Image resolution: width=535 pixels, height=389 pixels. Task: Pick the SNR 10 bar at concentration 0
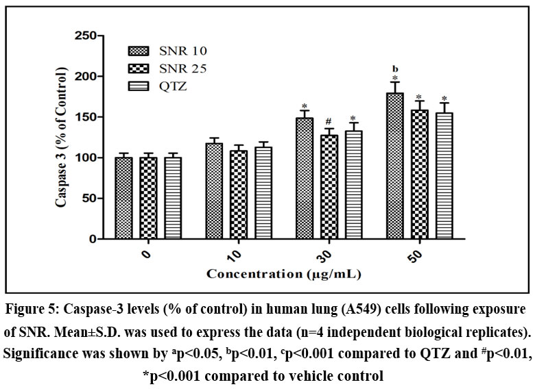pos(123,198)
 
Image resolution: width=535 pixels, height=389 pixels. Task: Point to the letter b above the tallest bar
pos(395,68)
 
